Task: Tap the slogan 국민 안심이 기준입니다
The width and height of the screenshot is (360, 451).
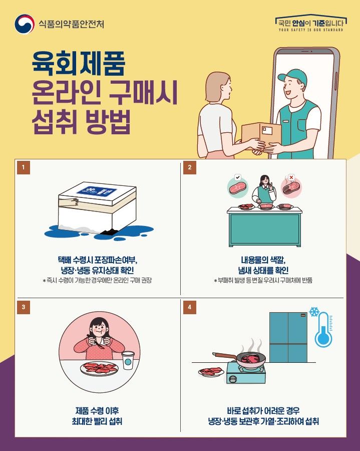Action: coord(310,22)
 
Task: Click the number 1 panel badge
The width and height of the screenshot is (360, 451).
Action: coord(23,168)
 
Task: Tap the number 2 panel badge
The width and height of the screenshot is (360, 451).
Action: coord(189,168)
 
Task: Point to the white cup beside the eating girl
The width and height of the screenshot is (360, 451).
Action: coord(129,360)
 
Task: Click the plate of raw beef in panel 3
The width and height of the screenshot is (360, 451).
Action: coord(99,369)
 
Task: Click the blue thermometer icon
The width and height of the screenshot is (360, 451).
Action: coord(323,331)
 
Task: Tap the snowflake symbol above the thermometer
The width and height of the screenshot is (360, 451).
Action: coord(314,312)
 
